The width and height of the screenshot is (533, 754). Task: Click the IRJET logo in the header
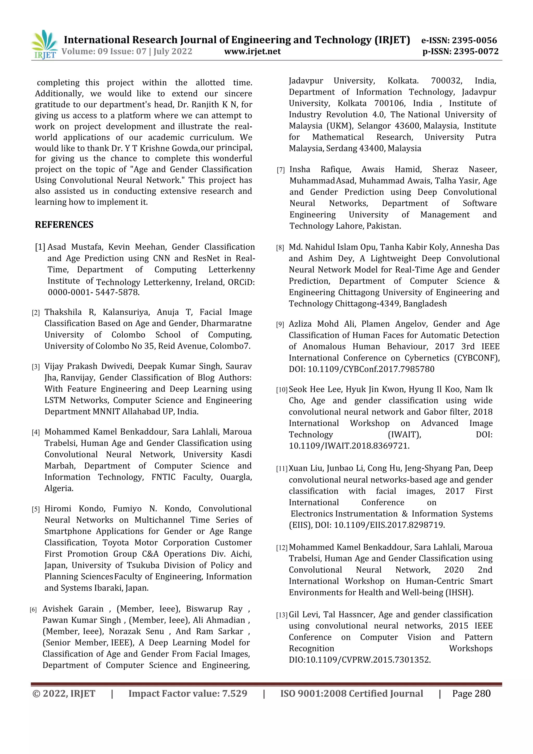point(44,44)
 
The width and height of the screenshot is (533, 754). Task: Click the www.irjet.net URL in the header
point(252,52)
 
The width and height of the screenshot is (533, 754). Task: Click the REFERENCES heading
point(64,225)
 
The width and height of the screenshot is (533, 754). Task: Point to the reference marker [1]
point(40,247)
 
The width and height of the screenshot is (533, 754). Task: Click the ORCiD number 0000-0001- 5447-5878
point(94,292)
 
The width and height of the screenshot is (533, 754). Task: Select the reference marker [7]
point(281,170)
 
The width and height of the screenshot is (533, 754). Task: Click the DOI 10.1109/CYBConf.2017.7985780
point(371,369)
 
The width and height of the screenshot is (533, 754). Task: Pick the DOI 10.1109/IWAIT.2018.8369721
point(349,446)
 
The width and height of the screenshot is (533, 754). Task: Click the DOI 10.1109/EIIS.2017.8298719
point(389,525)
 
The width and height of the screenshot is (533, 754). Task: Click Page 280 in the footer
point(471,694)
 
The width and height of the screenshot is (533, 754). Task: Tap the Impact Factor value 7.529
point(234,694)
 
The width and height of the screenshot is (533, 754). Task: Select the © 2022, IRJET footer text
point(64,694)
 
